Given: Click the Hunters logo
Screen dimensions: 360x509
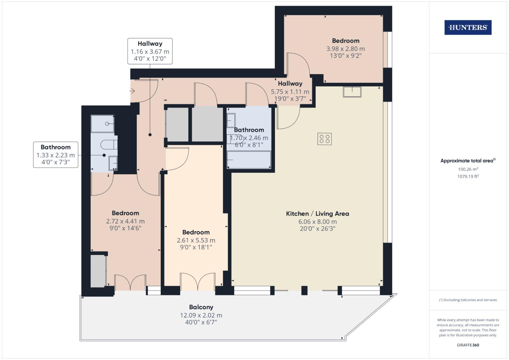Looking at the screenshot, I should point(468,28).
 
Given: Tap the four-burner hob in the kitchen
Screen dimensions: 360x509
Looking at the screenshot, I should point(324,139).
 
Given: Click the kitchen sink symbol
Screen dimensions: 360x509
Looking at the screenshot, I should point(352,91).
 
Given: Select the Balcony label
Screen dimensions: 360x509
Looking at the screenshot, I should point(201,307).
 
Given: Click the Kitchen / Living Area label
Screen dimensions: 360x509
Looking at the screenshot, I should point(317,214).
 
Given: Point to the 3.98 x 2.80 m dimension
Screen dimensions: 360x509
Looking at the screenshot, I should point(345,49).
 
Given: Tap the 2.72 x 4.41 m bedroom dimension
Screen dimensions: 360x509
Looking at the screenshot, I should point(125,221).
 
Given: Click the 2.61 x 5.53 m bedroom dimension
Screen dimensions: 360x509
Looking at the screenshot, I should point(196,240).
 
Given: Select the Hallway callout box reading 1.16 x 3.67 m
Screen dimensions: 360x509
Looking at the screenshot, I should point(150,51).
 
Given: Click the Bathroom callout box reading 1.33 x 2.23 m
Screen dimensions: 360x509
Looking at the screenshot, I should point(56,155).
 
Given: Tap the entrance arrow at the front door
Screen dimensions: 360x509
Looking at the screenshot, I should point(132,91).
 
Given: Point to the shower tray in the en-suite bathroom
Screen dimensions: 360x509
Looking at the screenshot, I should point(103,124).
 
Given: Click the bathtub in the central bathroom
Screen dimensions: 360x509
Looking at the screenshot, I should point(249,160).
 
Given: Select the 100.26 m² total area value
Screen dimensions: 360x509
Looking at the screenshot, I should point(468,169).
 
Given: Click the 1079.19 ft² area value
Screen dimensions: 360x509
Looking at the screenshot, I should point(468,176).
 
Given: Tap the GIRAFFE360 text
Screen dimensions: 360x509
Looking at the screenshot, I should point(468,345).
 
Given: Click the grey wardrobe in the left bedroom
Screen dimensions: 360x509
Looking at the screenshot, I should point(98,271).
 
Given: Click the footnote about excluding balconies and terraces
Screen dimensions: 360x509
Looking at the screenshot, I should point(468,300).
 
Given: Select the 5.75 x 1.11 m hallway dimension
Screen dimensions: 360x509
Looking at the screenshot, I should point(290,92).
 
